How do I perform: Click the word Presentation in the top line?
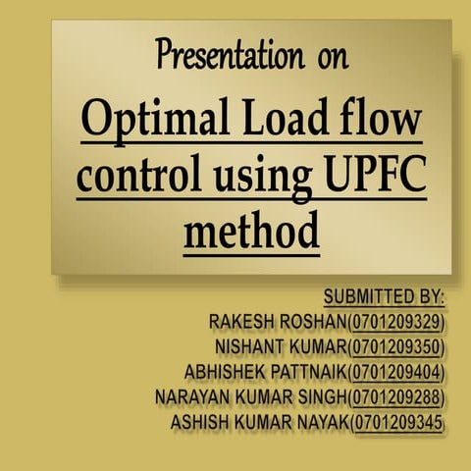(x=229, y=57)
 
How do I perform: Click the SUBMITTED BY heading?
(x=384, y=296)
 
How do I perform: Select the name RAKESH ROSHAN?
(x=278, y=322)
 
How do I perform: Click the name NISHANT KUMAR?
(x=280, y=347)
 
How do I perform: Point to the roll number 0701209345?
(x=398, y=424)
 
